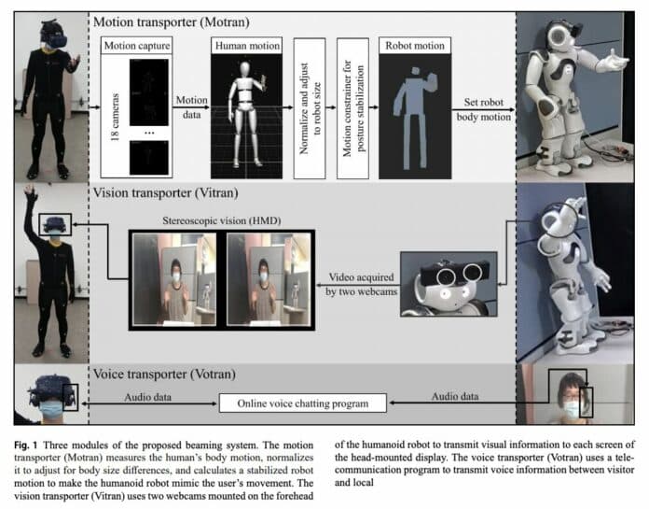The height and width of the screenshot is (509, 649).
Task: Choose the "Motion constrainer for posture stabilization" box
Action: pos(350,100)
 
